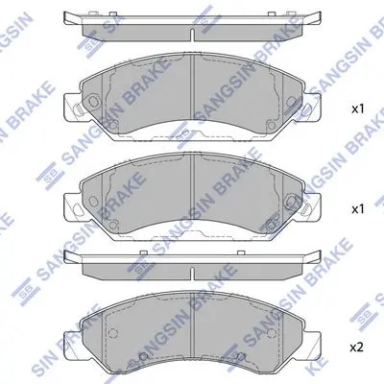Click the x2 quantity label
click(357, 348)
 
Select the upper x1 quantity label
click(358, 109)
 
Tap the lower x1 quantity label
click(358, 209)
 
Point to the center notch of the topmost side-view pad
click(192, 35)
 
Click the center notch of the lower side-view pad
click(192, 273)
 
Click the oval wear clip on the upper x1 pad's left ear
click(78, 109)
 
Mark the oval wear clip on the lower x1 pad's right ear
click(305, 208)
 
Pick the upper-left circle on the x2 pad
click(112, 333)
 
